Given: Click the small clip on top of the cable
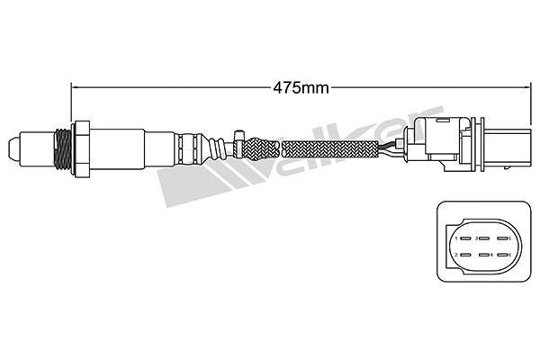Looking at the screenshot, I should pos(238,136).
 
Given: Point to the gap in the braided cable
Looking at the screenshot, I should pos(280,147).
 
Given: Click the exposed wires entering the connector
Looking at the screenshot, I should pos(393,147).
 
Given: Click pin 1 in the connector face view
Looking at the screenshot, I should pos(457,238).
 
